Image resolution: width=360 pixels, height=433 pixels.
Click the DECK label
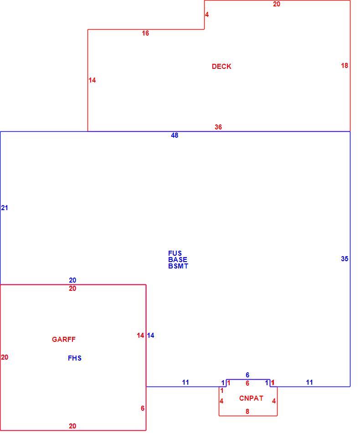tap(221, 66)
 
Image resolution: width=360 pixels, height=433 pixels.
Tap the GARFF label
tap(63, 339)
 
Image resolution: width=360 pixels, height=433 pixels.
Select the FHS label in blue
tap(75, 358)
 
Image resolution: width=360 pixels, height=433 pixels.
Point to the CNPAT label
tap(251, 398)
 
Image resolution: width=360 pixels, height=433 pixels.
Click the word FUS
tap(175, 253)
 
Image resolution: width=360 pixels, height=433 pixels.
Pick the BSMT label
tap(178, 266)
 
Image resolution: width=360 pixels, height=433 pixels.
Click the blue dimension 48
tap(175, 135)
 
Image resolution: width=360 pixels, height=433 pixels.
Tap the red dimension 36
tap(218, 127)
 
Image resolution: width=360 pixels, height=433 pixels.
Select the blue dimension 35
tap(345, 259)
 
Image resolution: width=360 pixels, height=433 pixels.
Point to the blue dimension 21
tap(5, 208)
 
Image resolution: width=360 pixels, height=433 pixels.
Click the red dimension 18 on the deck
tap(345, 66)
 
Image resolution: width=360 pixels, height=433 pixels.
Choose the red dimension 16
tap(145, 33)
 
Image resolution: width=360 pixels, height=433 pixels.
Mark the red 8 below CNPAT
tap(247, 411)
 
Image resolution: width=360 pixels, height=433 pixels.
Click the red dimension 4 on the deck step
tap(207, 15)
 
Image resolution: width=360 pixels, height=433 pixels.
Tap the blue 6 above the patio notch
tap(247, 375)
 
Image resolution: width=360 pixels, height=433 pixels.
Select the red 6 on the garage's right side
tap(143, 408)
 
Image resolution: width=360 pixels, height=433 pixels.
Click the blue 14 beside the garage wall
tap(150, 335)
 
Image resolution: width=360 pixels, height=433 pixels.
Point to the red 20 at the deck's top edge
tap(276, 4)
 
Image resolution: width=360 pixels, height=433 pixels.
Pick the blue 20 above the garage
tap(72, 280)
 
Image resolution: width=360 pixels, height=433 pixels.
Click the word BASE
tap(178, 260)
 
